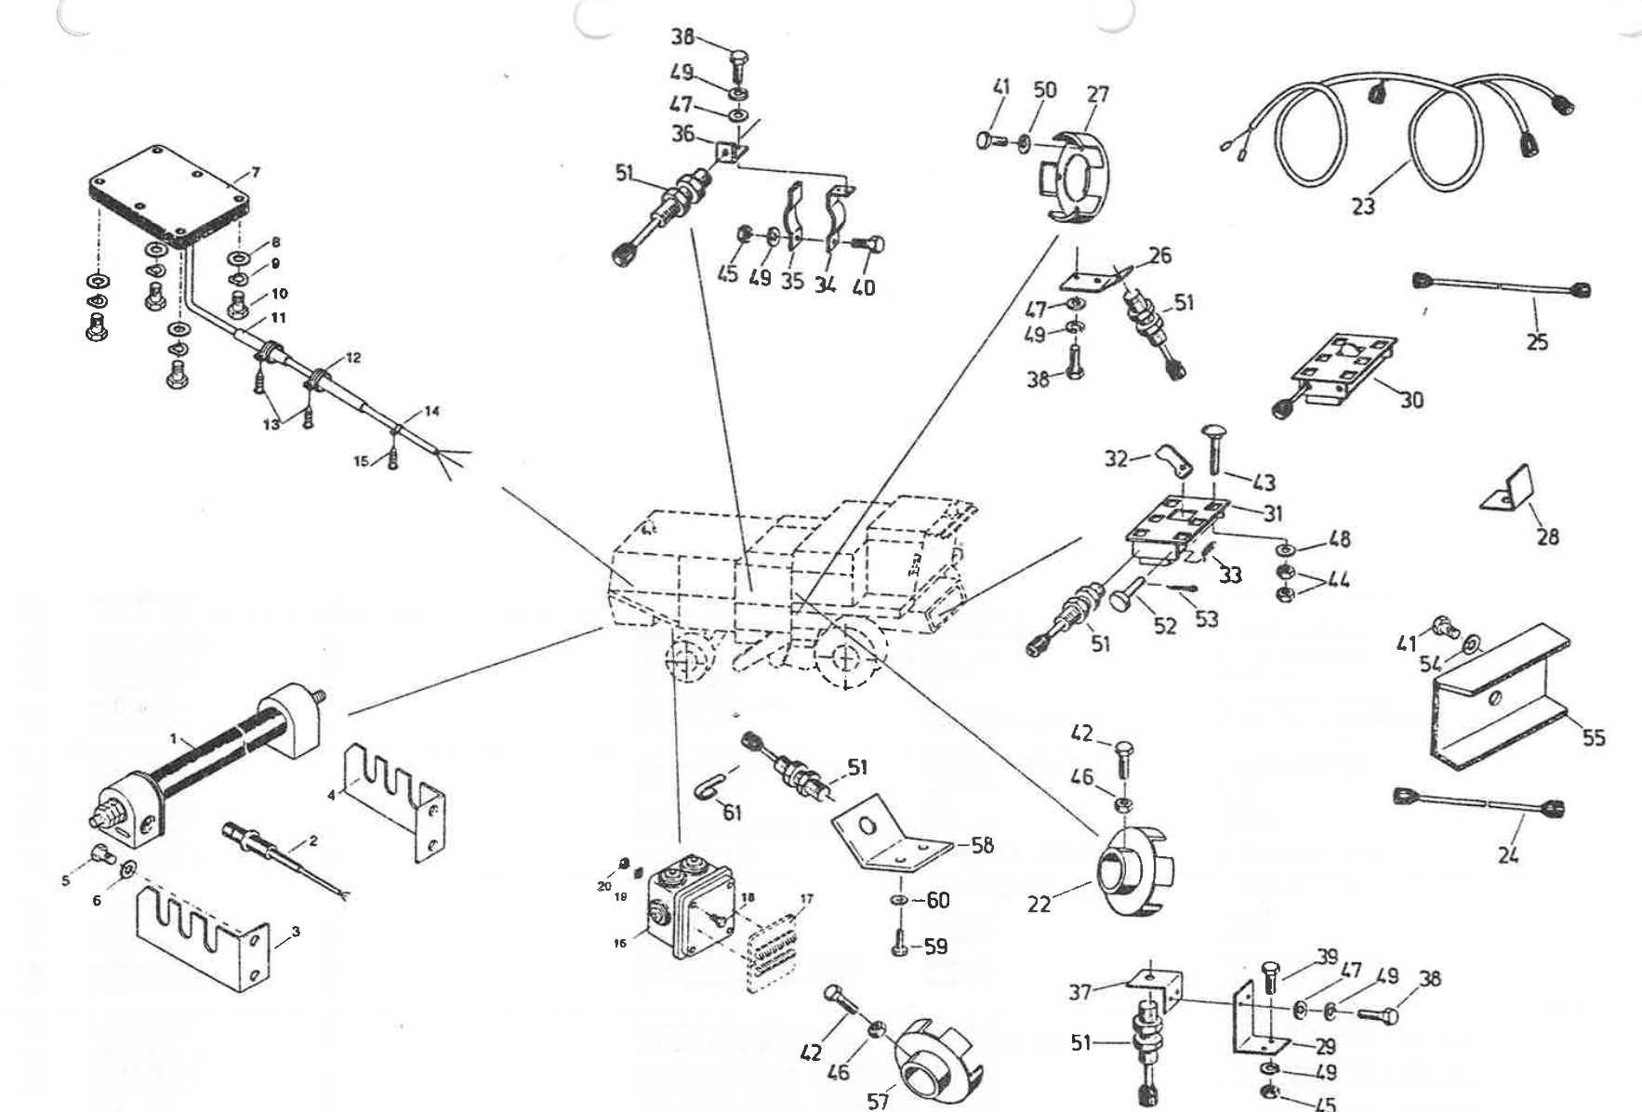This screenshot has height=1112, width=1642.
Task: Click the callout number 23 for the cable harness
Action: coord(1362,205)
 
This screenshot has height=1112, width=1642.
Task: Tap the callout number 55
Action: coord(1594,737)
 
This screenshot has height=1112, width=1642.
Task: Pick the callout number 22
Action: coord(1039,903)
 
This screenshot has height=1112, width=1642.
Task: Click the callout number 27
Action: coord(1097,94)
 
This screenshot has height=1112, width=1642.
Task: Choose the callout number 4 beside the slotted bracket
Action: coord(332,795)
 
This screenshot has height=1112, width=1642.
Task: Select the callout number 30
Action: coord(1411,400)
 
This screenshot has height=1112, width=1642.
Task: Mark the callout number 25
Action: coord(1537,342)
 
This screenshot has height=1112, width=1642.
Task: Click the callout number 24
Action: coord(1508,854)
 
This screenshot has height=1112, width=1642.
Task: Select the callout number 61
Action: coord(733,813)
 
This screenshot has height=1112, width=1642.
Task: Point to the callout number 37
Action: coord(1079,992)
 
